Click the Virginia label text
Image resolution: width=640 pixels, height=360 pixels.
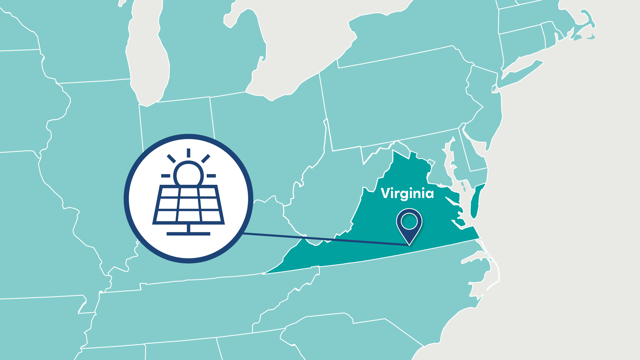tap(407, 193)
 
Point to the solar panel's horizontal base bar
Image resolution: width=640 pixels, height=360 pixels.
tap(188, 233)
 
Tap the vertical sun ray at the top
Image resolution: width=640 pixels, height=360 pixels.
tap(188, 153)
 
